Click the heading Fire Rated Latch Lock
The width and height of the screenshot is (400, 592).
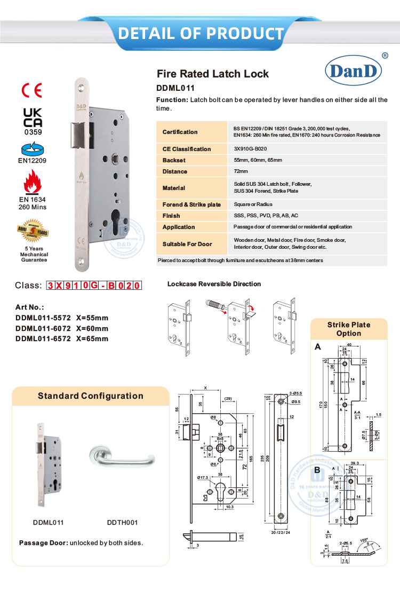pos(212,74)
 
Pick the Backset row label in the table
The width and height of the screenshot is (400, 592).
pos(174,160)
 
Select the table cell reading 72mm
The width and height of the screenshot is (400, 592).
pos(241,171)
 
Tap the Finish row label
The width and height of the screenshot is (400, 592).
pos(171,216)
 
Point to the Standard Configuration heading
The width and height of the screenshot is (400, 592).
pos(90,396)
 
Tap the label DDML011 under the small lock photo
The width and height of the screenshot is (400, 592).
pos(50,523)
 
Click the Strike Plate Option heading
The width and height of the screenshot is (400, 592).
pos(348,329)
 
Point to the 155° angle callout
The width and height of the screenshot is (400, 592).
pos(364,540)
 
